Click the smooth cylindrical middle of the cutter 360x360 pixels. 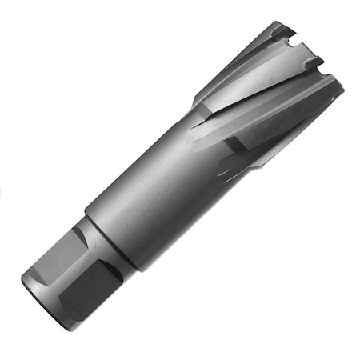[x=152, y=200]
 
